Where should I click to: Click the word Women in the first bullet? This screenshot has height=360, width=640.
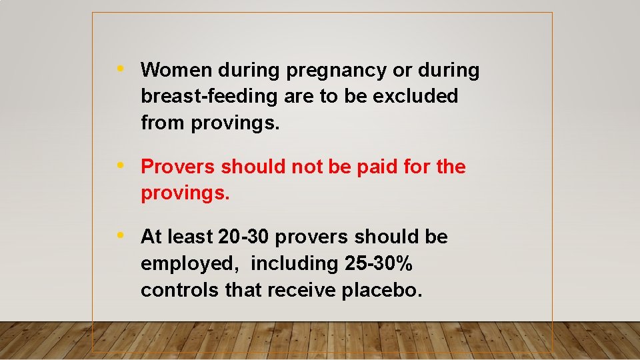177,70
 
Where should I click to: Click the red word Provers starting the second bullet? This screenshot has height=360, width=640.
178,167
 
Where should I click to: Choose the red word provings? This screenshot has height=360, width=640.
185,194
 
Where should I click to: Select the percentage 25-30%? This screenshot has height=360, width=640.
379,264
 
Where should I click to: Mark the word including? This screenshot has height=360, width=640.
295,265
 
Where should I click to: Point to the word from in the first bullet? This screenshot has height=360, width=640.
163,123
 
